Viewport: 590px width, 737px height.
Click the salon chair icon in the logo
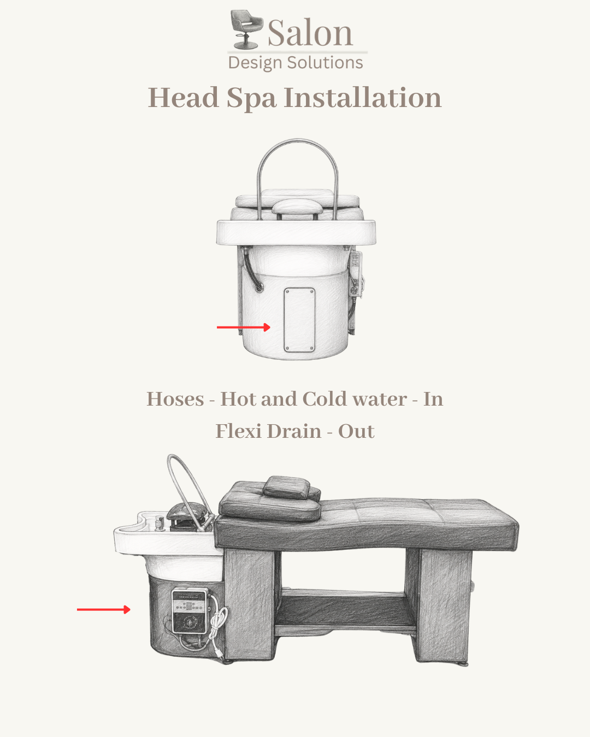pos(246,29)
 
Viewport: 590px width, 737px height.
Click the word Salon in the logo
pos(310,33)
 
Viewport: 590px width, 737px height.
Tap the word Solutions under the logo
pos(324,63)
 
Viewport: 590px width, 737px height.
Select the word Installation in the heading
pos(363,98)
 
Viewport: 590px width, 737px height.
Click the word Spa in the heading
pos(251,99)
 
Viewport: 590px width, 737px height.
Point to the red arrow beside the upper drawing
pos(244,328)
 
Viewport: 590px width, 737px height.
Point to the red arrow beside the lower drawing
pos(104,610)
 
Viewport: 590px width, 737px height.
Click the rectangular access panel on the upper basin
pos(299,320)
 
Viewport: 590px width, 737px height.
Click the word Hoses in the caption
pos(175,399)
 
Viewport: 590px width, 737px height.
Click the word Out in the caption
pos(356,431)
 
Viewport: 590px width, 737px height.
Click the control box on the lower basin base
pos(190,611)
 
